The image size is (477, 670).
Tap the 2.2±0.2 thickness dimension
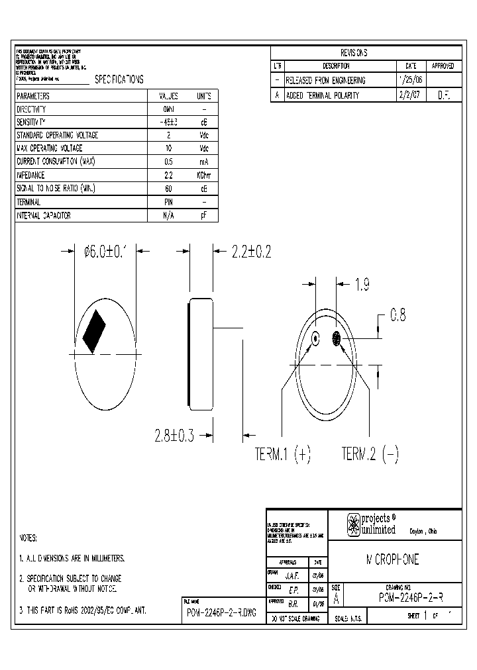click(x=251, y=252)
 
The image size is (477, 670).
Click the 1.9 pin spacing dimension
click(x=362, y=285)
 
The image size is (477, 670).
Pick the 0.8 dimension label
click(x=397, y=316)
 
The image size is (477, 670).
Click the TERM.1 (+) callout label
click(x=283, y=454)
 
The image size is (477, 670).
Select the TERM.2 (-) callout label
click(x=370, y=454)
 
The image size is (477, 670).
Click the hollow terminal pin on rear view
click(x=315, y=338)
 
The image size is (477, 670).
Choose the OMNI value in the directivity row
click(x=168, y=109)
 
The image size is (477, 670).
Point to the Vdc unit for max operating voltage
click(x=204, y=148)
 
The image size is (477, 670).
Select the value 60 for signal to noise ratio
click(x=168, y=189)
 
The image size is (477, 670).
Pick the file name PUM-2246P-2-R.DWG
click(x=222, y=612)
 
